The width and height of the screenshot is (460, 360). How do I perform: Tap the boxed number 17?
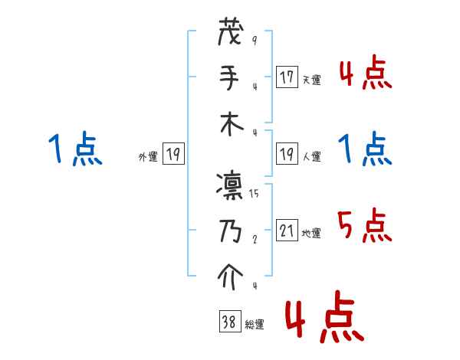(x=287, y=77)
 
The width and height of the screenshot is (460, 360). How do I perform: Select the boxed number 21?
(x=287, y=231)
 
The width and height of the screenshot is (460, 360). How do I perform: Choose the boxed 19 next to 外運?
(x=173, y=155)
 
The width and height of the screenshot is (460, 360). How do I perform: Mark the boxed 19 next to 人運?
(x=287, y=155)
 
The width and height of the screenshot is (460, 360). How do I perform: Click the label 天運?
(x=311, y=80)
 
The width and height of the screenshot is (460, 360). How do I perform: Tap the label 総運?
(x=254, y=325)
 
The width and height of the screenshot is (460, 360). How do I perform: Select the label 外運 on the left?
(x=148, y=157)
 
